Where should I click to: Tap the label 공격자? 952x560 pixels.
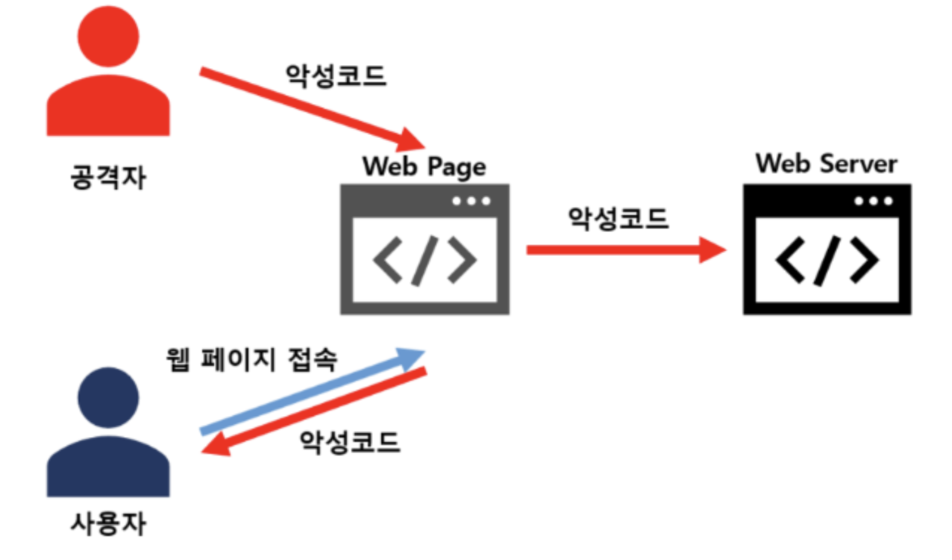pos(109,177)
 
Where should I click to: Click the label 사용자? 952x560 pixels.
pos(109,523)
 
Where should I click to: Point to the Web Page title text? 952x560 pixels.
pos(424,166)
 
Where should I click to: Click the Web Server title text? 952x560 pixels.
pos(827,164)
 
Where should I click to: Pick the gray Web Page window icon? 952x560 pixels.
pos(425,250)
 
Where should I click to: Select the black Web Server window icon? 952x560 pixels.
pos(827,250)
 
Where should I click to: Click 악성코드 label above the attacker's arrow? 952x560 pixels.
pos(336,75)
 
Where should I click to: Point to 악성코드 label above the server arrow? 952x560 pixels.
pos(619,218)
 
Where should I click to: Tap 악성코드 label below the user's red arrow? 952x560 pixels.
pos(350,442)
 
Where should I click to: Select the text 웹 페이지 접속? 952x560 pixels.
pos(251,360)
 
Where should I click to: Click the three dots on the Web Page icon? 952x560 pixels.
pos(472,201)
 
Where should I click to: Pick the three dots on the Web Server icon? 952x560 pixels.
pos(874,201)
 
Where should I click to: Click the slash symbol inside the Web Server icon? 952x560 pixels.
pos(826,261)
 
